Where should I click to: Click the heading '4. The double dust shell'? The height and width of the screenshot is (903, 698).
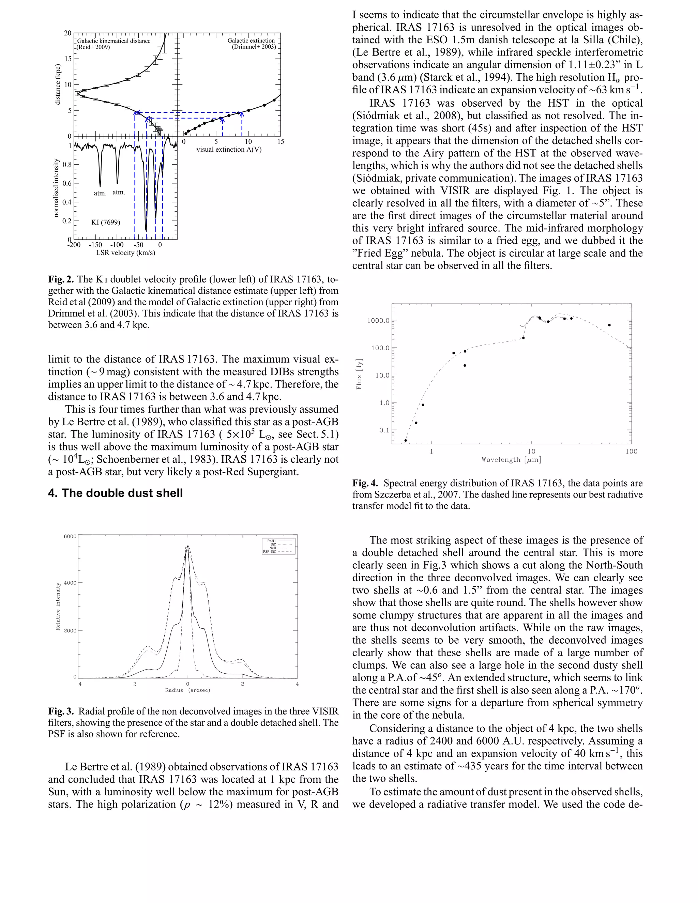pyautogui.click(x=116, y=493)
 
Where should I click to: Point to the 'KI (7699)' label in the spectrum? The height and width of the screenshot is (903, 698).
pyautogui.click(x=106, y=223)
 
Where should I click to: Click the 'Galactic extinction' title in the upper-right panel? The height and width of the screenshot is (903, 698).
pyautogui.click(x=251, y=41)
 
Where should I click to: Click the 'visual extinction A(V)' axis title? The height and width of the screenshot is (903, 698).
pyautogui.click(x=229, y=150)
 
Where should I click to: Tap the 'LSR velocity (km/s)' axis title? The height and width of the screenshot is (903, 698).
pyautogui.click(x=126, y=252)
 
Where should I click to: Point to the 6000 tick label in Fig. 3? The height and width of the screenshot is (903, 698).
pyautogui.click(x=70, y=537)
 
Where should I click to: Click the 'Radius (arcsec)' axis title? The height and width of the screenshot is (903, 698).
pyautogui.click(x=187, y=690)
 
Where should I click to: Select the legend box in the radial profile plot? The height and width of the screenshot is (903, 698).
pyautogui.click(x=279, y=546)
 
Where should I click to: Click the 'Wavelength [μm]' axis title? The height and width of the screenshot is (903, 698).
pyautogui.click(x=511, y=460)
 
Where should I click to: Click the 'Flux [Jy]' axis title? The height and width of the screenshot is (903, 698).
pyautogui.click(x=359, y=374)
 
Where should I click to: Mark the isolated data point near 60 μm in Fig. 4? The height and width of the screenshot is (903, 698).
pyautogui.click(x=609, y=325)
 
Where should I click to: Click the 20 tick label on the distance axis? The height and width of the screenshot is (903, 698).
pyautogui.click(x=67, y=33)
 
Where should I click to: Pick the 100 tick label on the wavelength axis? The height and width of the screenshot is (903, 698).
pyautogui.click(x=631, y=451)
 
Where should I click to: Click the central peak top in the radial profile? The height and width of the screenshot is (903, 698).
pyautogui.click(x=188, y=546)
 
